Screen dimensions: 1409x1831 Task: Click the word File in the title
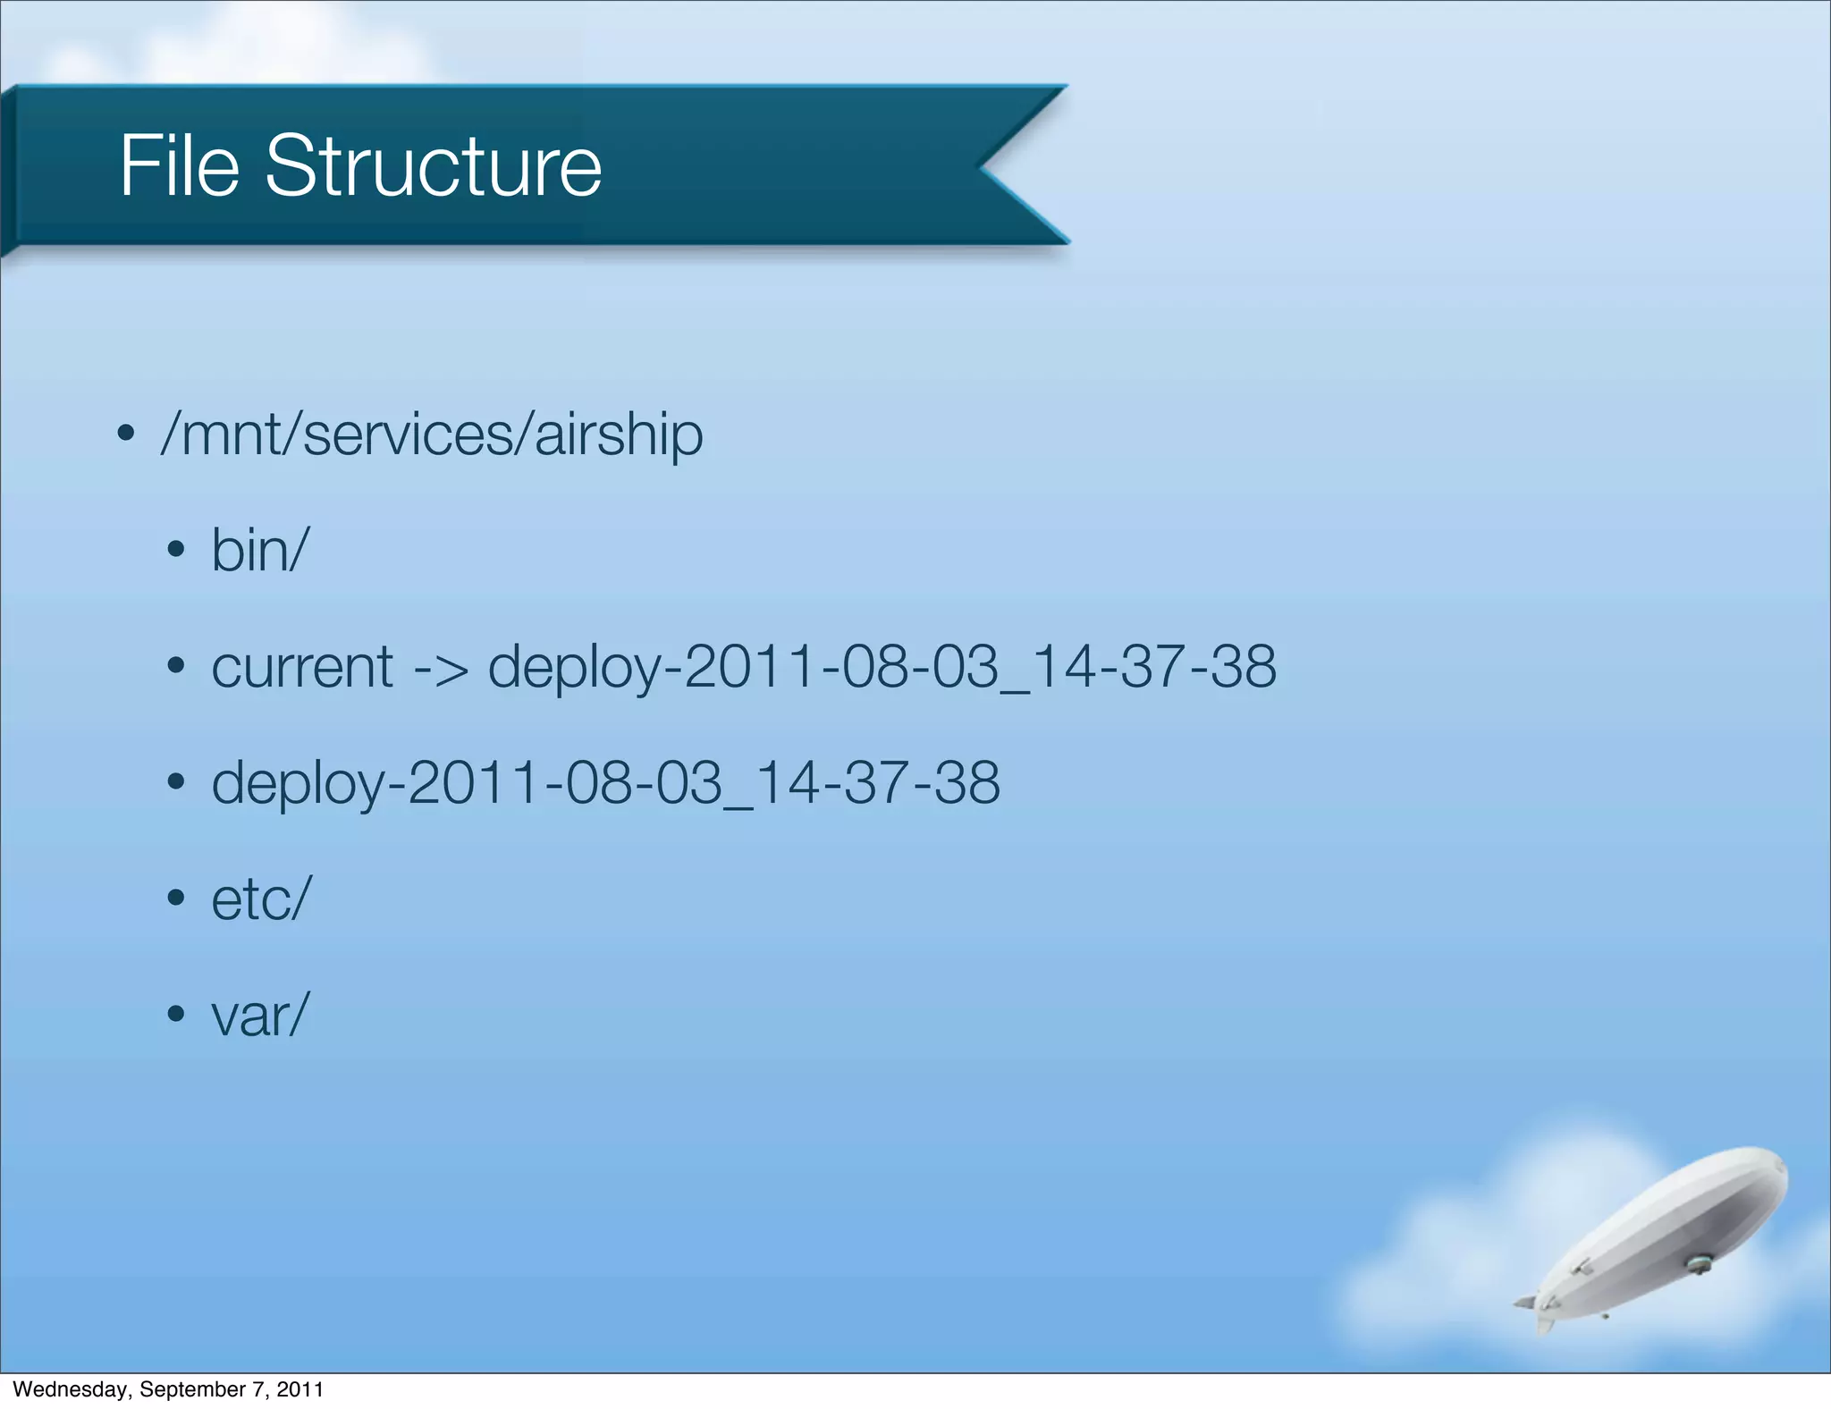pyautogui.click(x=180, y=166)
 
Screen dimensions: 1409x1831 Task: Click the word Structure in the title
pyautogui.click(x=433, y=166)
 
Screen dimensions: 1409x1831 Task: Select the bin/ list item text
pyautogui.click(x=260, y=550)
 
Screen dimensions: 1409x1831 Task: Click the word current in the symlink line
pyautogui.click(x=302, y=667)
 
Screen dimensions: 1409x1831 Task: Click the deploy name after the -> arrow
pyautogui.click(x=882, y=667)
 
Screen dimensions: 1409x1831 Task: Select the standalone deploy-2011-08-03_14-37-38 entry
pyautogui.click(x=605, y=783)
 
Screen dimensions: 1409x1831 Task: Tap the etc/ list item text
pyautogui.click(x=262, y=899)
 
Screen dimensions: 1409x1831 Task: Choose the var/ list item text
pyautogui.click(x=260, y=1016)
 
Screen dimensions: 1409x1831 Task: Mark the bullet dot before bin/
pyautogui.click(x=176, y=550)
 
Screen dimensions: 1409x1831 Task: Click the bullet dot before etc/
pyautogui.click(x=176, y=899)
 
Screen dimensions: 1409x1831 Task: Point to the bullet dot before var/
pyautogui.click(x=176, y=1015)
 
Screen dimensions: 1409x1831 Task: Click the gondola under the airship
pyautogui.click(x=1696, y=1263)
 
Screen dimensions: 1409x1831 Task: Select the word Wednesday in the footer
pyautogui.click(x=71, y=1389)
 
